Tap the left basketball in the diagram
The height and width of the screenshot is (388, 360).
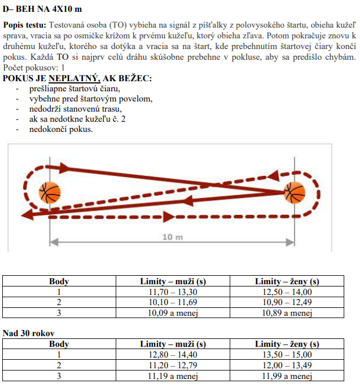pyautogui.click(x=50, y=193)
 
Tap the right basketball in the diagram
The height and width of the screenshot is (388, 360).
pyautogui.click(x=294, y=193)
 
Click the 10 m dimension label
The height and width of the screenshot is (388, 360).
pyautogui.click(x=173, y=237)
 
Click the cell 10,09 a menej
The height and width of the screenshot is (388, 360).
pyautogui.click(x=173, y=313)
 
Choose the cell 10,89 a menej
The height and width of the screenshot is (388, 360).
pyautogui.click(x=287, y=313)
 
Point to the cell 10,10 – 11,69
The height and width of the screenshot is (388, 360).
pyautogui.click(x=173, y=303)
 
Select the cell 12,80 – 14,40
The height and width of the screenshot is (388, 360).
pyautogui.click(x=173, y=355)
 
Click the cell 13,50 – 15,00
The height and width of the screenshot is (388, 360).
pyautogui.click(x=287, y=355)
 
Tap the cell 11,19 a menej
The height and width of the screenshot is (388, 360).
pyautogui.click(x=173, y=376)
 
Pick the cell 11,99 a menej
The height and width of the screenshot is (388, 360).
pyautogui.click(x=287, y=376)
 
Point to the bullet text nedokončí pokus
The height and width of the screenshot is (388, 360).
pyautogui.click(x=62, y=130)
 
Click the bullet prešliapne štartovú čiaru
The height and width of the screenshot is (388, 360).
pyautogui.click(x=75, y=89)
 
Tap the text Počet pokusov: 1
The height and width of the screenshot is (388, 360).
pyautogui.click(x=29, y=68)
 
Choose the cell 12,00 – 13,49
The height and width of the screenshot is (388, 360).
pyautogui.click(x=287, y=365)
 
